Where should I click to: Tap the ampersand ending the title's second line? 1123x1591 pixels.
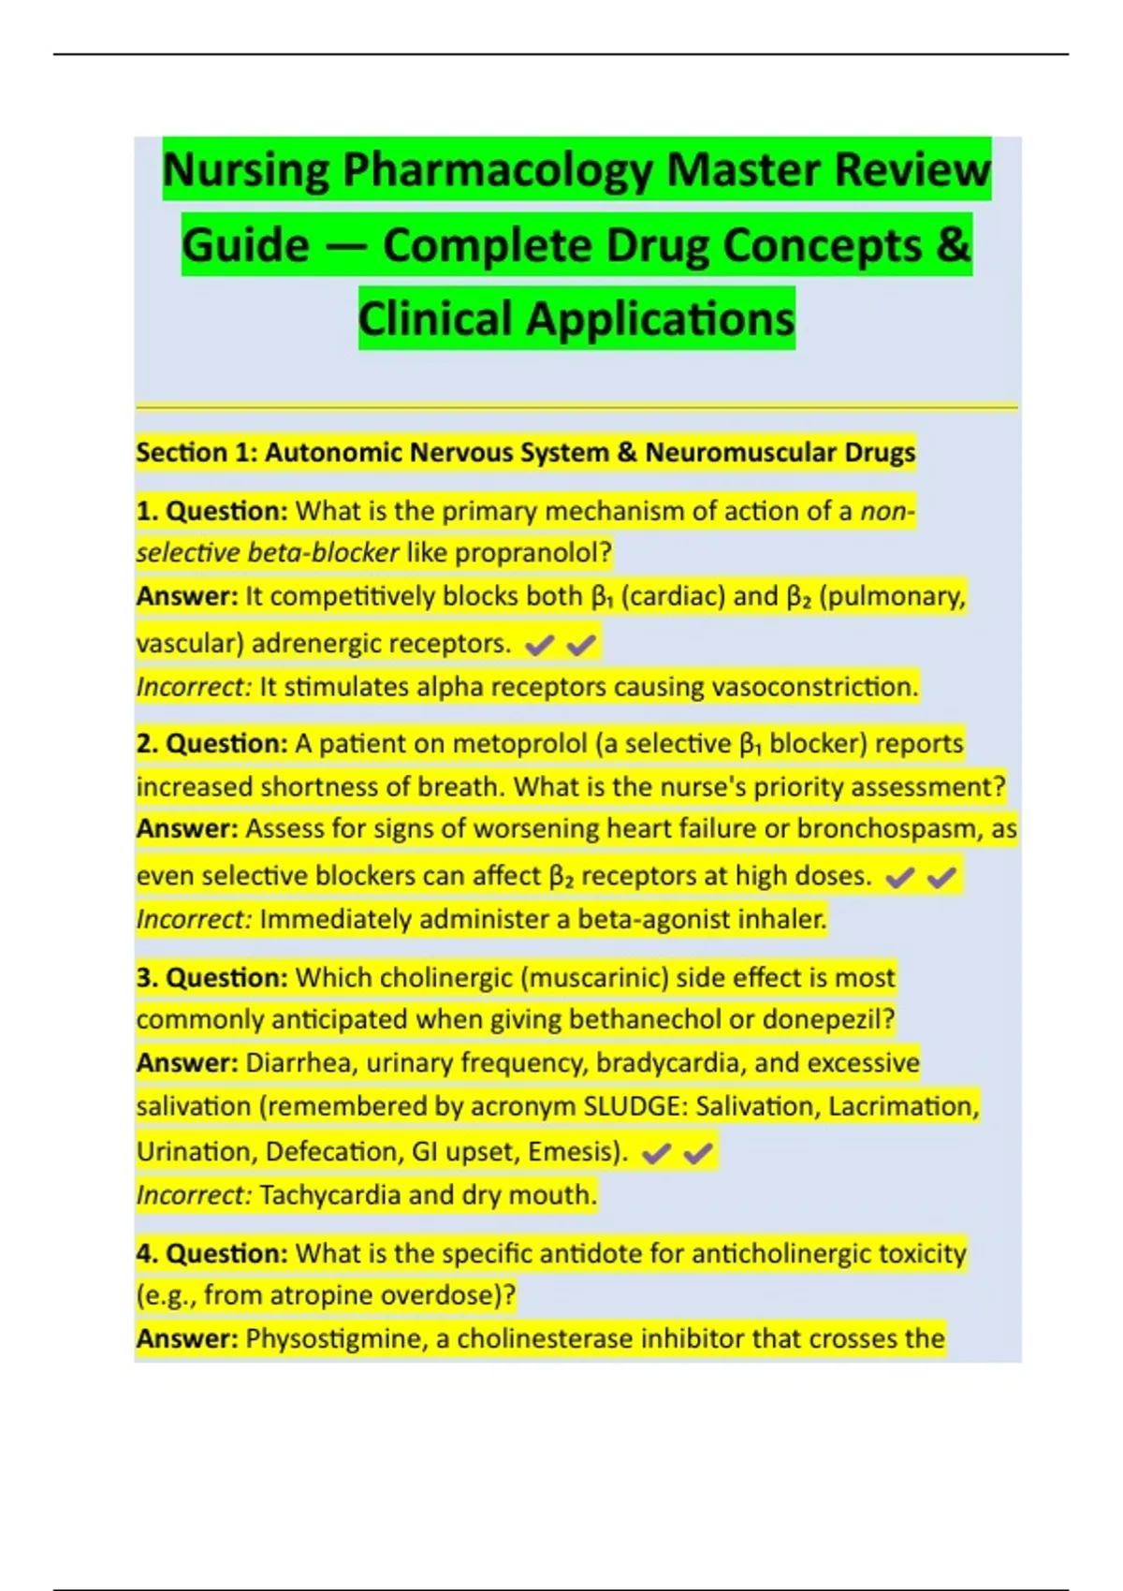point(952,245)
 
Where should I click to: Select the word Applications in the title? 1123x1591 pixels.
point(660,319)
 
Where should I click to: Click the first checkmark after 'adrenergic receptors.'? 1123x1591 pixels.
point(539,645)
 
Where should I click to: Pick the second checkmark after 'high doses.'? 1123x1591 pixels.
point(942,877)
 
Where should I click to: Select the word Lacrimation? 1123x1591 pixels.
point(902,1107)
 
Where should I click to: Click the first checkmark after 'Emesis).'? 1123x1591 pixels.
point(656,1153)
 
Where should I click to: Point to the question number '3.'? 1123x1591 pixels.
point(147,978)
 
